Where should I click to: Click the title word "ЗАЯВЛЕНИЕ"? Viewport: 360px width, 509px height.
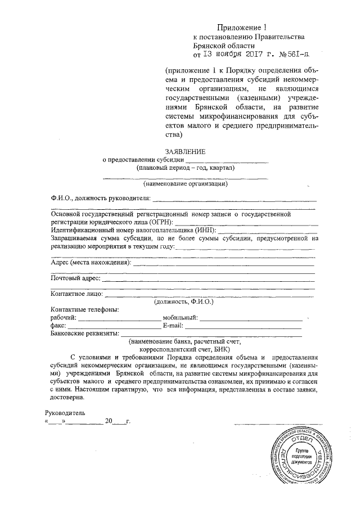[185, 151]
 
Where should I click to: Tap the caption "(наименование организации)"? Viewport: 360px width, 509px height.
[185, 183]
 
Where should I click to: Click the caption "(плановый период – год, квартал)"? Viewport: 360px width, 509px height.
[185, 168]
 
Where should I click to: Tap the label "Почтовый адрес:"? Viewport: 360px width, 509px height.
[75, 278]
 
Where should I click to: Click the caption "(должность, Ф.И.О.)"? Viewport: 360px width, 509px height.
[184, 301]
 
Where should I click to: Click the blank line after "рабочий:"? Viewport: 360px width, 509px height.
[118, 318]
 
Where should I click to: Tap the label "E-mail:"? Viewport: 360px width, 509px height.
[173, 326]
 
